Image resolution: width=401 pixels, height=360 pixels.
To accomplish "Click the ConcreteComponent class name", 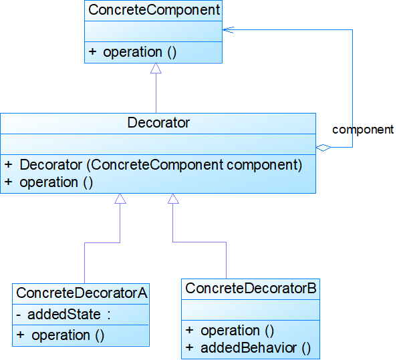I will [154, 10].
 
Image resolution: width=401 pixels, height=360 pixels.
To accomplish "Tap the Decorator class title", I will [158, 123].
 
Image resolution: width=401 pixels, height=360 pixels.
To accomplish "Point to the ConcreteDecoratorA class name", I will [81, 293].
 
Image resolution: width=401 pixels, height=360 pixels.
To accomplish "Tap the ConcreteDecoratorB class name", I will [250, 289].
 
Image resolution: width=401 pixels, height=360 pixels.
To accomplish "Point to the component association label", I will [362, 130].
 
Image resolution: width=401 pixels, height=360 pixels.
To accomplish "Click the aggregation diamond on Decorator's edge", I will [323, 148].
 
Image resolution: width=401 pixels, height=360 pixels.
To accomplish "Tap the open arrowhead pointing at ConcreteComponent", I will [227, 29].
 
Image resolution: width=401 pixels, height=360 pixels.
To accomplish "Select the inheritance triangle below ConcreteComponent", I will [156, 68].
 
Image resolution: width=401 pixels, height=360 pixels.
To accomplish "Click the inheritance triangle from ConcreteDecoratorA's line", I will [120, 198].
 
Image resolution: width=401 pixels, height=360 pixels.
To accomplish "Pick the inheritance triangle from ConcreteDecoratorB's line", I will [173, 198].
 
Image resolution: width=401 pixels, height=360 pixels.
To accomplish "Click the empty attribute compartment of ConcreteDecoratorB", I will [250, 310].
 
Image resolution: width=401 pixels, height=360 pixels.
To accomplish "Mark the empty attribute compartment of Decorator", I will [158, 144].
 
